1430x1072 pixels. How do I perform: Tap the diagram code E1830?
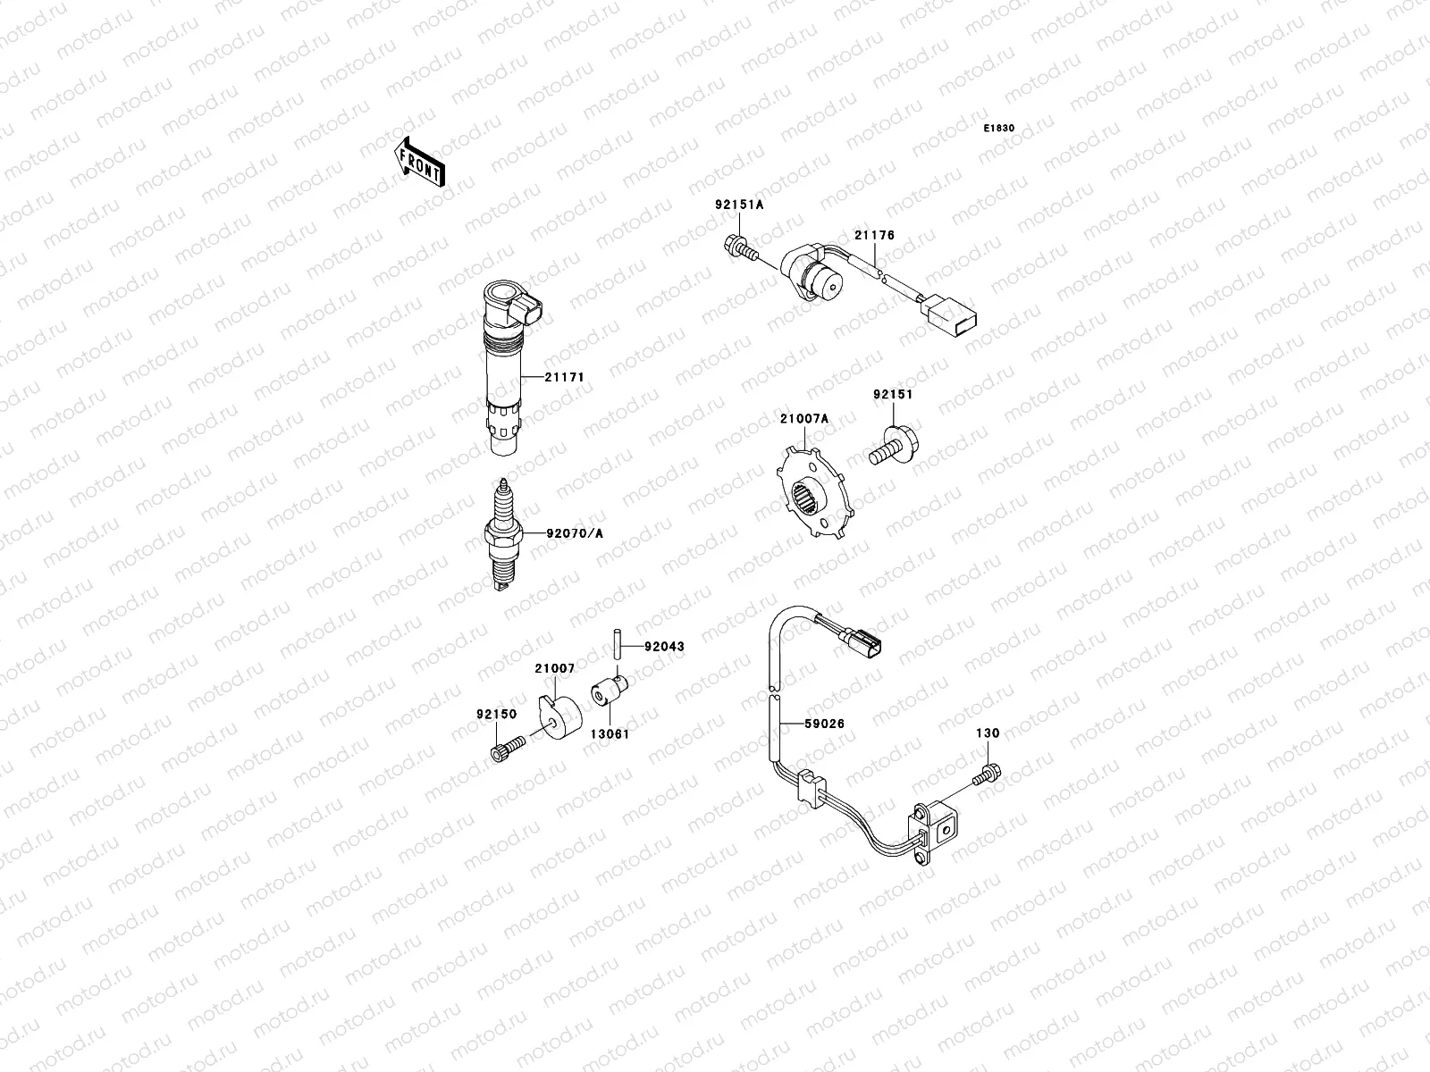point(999,129)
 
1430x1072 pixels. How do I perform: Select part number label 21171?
point(565,377)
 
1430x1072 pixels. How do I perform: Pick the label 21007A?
point(803,418)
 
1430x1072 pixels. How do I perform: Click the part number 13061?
point(608,735)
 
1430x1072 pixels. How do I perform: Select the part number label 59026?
point(823,724)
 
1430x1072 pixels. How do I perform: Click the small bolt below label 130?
point(987,774)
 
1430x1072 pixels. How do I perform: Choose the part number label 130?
point(987,733)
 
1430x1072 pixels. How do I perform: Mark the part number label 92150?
point(496,714)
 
